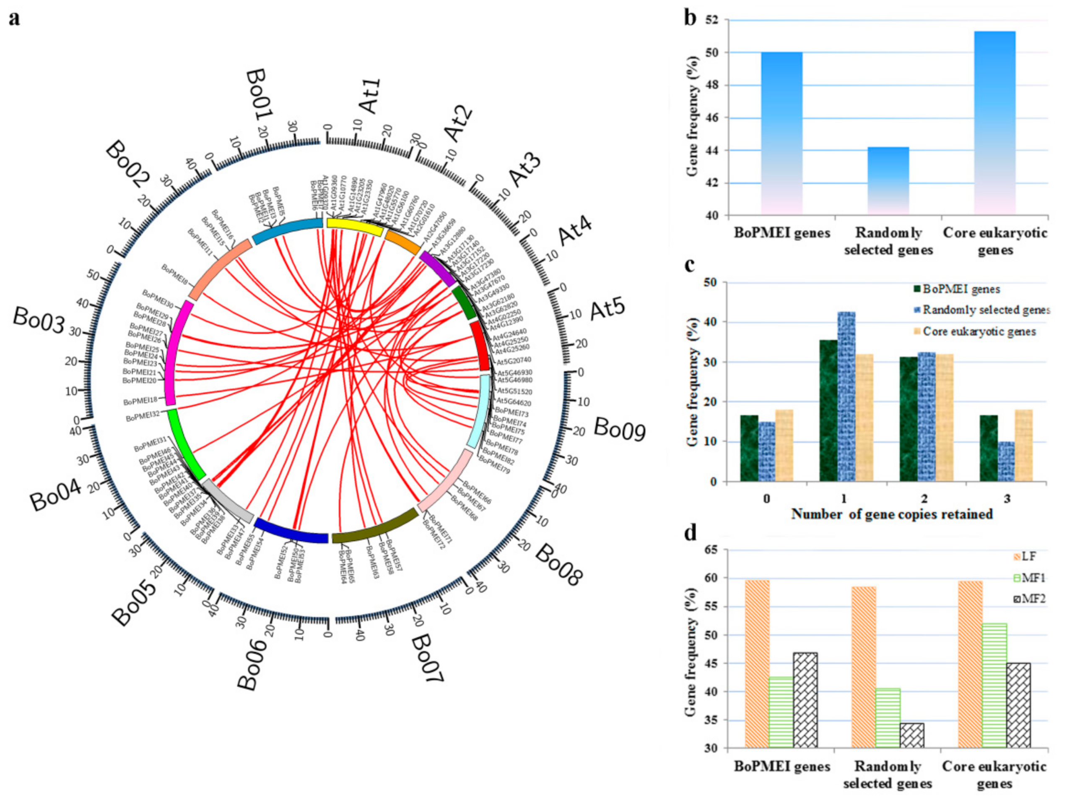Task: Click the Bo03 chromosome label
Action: click(x=39, y=319)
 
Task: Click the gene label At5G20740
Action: click(x=514, y=360)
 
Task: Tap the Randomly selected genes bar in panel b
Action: click(x=888, y=181)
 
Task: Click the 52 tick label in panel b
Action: click(x=711, y=20)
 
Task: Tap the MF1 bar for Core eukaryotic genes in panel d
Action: click(x=994, y=686)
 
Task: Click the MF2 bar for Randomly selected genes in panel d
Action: click(x=912, y=735)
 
